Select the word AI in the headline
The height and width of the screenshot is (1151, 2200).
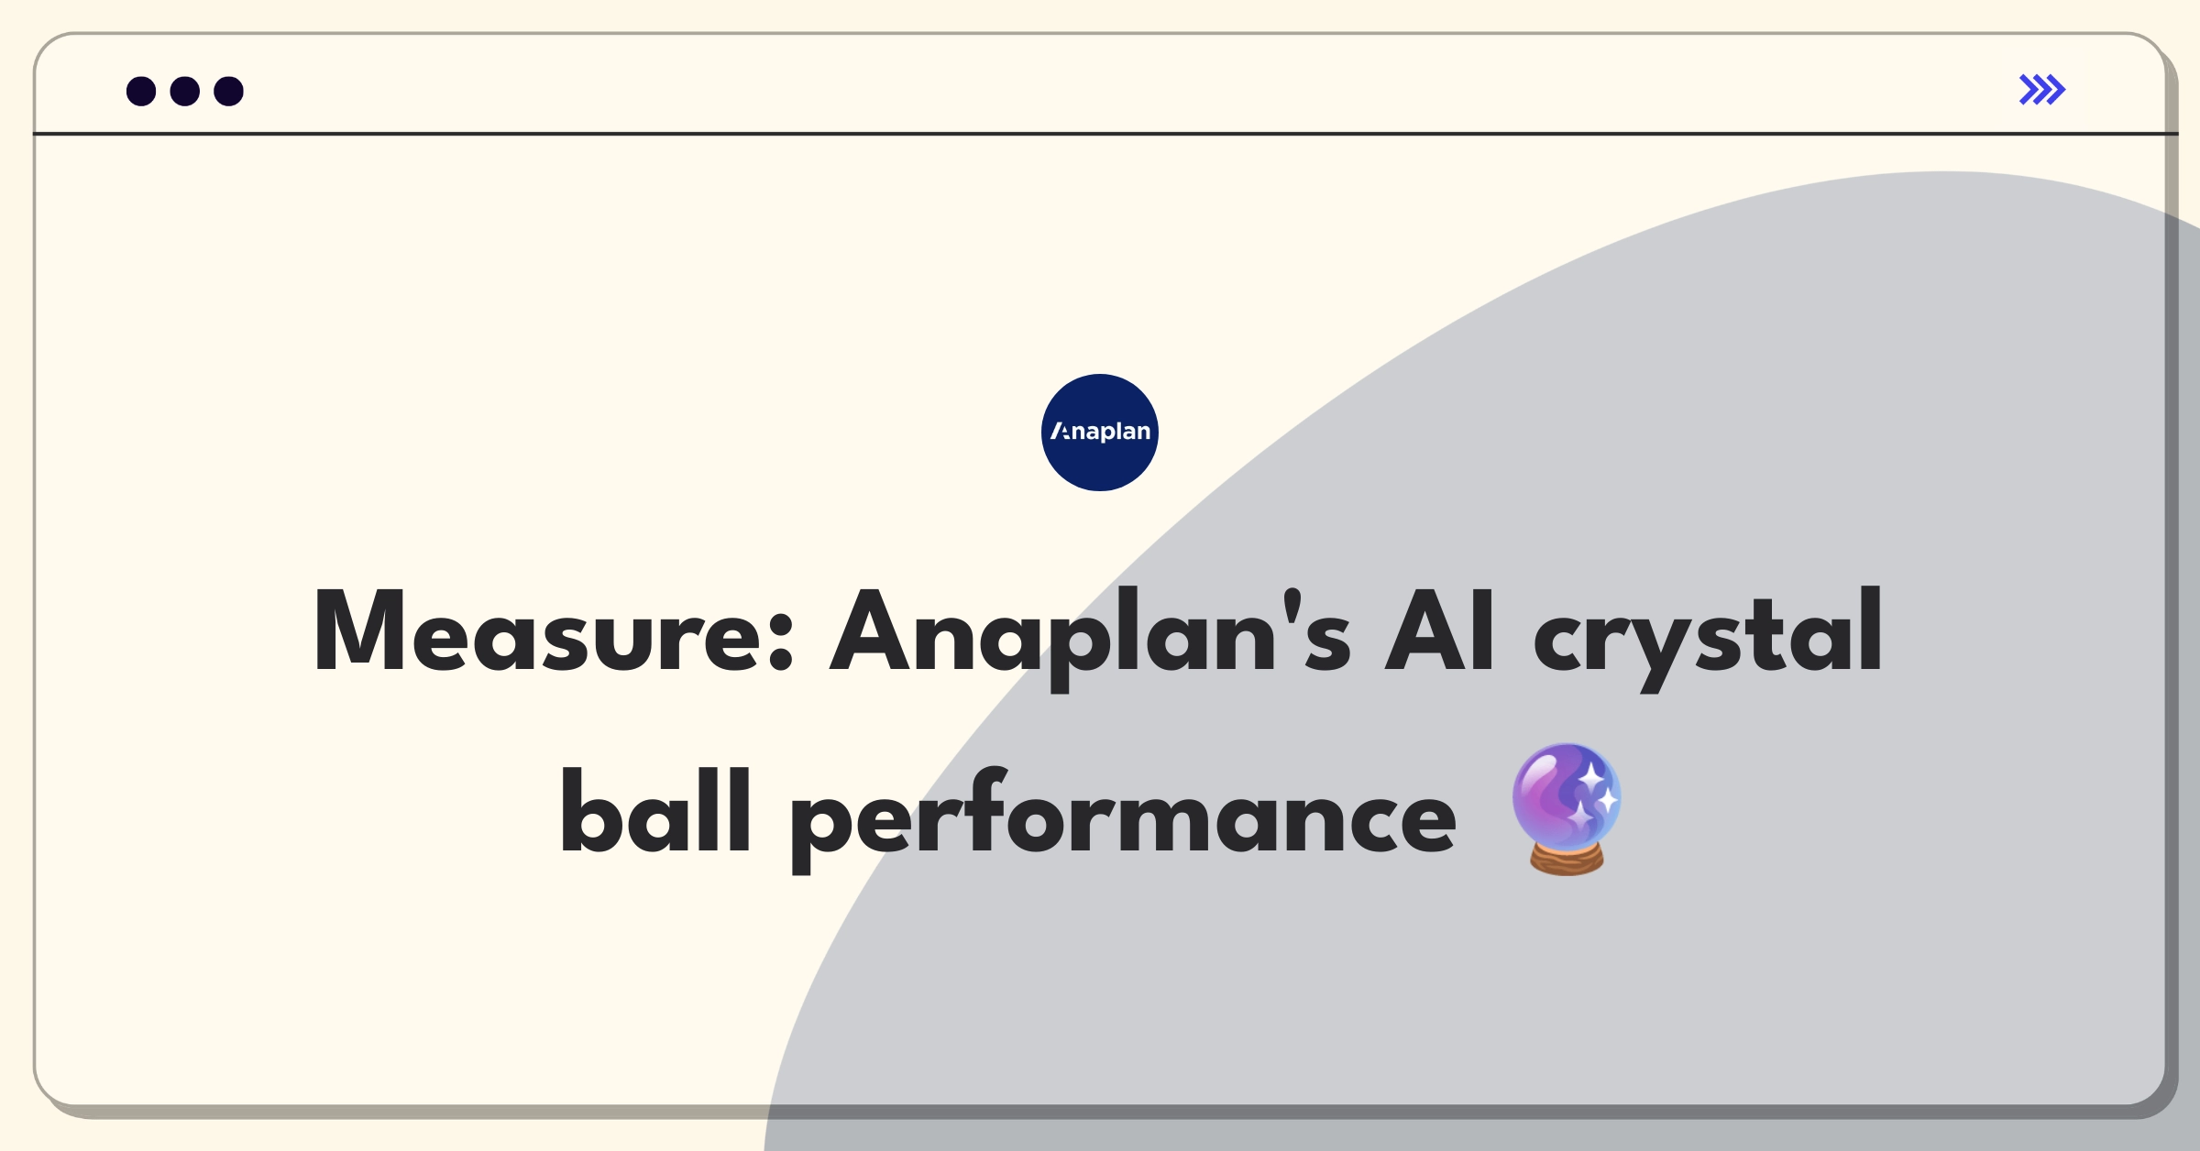click(x=1440, y=631)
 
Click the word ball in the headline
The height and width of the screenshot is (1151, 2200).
click(x=656, y=811)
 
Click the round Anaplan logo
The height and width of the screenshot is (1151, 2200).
click(x=1100, y=433)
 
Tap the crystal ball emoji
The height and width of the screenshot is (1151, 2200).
click(x=1567, y=809)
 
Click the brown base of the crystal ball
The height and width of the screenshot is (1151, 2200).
click(x=1567, y=860)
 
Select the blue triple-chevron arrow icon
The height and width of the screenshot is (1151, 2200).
click(x=2042, y=90)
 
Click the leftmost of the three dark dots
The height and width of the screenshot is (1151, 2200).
click(x=141, y=92)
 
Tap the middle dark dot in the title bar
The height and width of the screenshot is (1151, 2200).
click(x=185, y=92)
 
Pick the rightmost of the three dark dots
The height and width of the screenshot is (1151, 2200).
click(x=229, y=92)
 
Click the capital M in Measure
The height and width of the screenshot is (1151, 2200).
click(x=359, y=631)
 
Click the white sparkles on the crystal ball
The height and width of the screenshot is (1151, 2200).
click(x=1595, y=795)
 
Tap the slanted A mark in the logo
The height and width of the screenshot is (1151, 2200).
click(x=1061, y=431)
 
